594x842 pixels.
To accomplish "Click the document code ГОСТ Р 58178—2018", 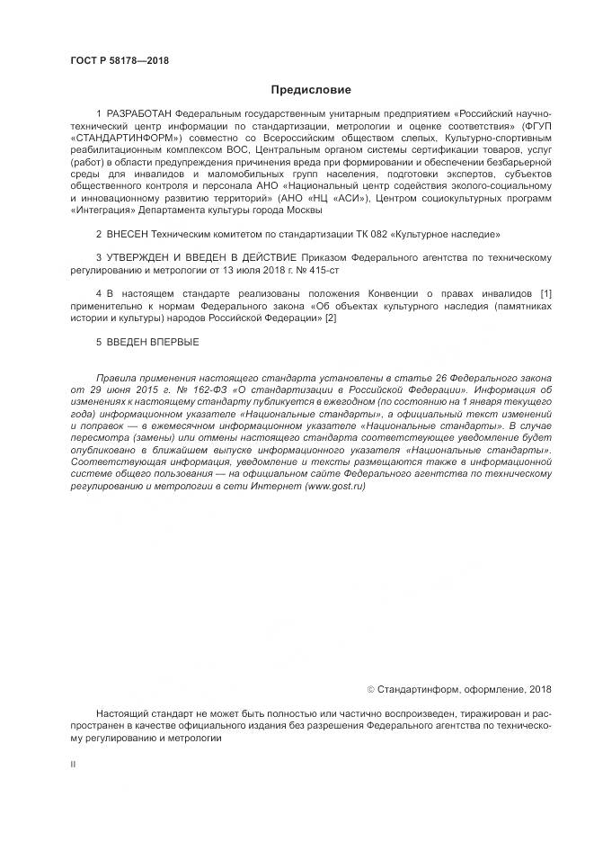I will (x=119, y=61).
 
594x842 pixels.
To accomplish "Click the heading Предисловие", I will (x=311, y=90).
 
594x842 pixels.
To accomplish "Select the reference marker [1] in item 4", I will (x=545, y=293).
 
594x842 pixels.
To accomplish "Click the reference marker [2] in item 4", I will (x=331, y=318).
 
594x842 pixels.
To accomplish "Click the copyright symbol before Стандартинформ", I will (x=371, y=690).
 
